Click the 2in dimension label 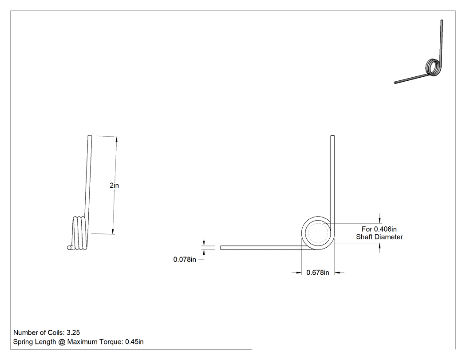[x=114, y=186]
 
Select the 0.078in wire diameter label [x=185, y=260]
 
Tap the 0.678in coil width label [x=318, y=273]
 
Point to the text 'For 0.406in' [x=379, y=229]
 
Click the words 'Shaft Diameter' [x=379, y=237]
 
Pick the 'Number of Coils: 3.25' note [x=47, y=332]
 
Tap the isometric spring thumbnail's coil [x=432, y=67]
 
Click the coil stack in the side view [x=79, y=233]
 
